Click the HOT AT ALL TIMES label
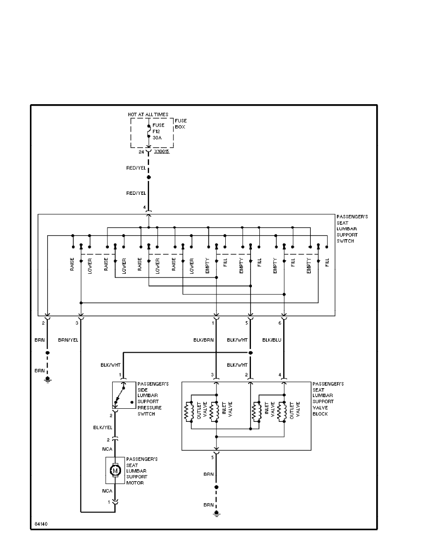click(x=148, y=114)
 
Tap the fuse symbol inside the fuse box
click(x=149, y=132)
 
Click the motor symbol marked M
click(x=115, y=470)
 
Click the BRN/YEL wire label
click(x=68, y=340)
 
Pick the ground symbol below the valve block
click(x=216, y=514)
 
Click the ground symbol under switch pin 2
click(x=47, y=379)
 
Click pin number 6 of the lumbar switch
click(x=279, y=323)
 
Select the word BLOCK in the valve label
click(x=320, y=414)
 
